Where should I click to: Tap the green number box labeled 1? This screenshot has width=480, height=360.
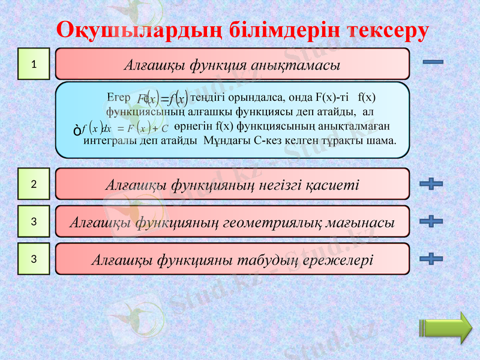click(x=34, y=64)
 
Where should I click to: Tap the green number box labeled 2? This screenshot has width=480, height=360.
click(x=34, y=184)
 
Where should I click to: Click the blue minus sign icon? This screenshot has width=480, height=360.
click(x=433, y=62)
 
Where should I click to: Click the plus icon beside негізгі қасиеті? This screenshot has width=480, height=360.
click(x=431, y=184)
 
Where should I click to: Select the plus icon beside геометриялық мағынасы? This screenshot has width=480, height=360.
click(x=431, y=221)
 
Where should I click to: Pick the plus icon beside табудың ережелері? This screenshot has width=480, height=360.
click(x=431, y=259)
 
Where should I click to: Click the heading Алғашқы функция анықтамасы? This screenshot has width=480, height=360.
click(x=232, y=64)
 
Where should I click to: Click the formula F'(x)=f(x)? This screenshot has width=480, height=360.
click(x=162, y=98)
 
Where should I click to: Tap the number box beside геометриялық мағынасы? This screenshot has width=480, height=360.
click(x=34, y=221)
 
